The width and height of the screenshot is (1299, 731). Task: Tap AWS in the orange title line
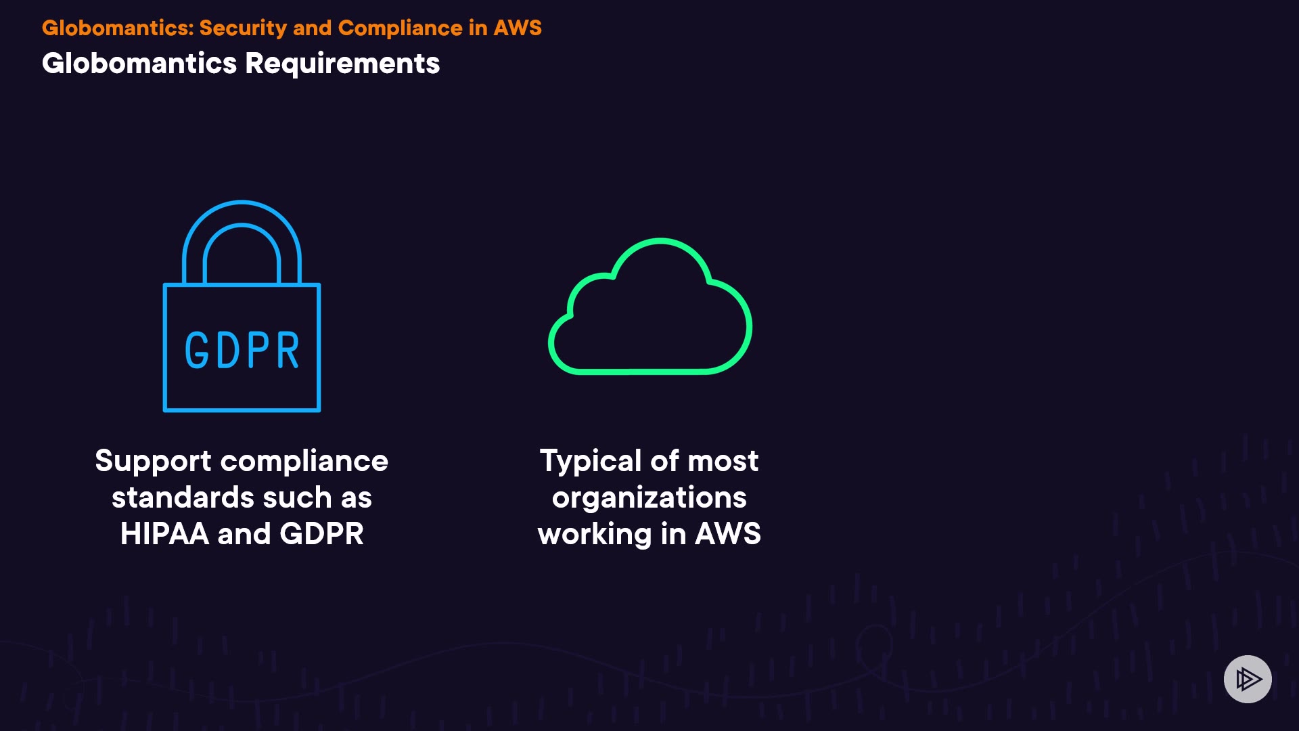(518, 28)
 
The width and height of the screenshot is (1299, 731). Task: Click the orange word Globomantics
(118, 28)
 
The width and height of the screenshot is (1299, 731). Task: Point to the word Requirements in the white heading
(342, 64)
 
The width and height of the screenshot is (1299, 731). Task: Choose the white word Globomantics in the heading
(139, 64)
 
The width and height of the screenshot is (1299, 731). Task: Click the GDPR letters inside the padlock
(242, 350)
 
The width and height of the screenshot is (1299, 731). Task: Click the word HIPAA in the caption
(164, 533)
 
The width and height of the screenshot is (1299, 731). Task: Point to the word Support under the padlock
(153, 461)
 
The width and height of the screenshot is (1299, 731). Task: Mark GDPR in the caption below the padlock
(321, 533)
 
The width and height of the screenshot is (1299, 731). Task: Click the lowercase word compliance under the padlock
(304, 462)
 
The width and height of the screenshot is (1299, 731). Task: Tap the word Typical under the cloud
(590, 462)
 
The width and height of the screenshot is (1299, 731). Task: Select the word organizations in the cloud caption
(649, 498)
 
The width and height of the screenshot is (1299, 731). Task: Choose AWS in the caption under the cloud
(728, 533)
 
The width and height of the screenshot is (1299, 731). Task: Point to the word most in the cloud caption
(723, 462)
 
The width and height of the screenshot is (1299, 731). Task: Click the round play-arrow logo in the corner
(1248, 679)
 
